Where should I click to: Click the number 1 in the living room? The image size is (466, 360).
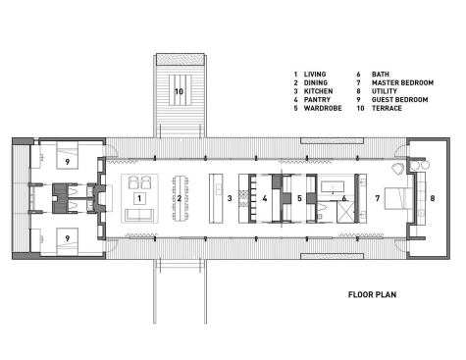tap(139, 197)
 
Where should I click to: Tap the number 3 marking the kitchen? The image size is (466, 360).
tap(229, 197)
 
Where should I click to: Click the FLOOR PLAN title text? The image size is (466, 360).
tap(374, 294)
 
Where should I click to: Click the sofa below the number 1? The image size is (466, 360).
tap(138, 215)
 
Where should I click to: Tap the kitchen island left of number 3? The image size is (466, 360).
tap(215, 198)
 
